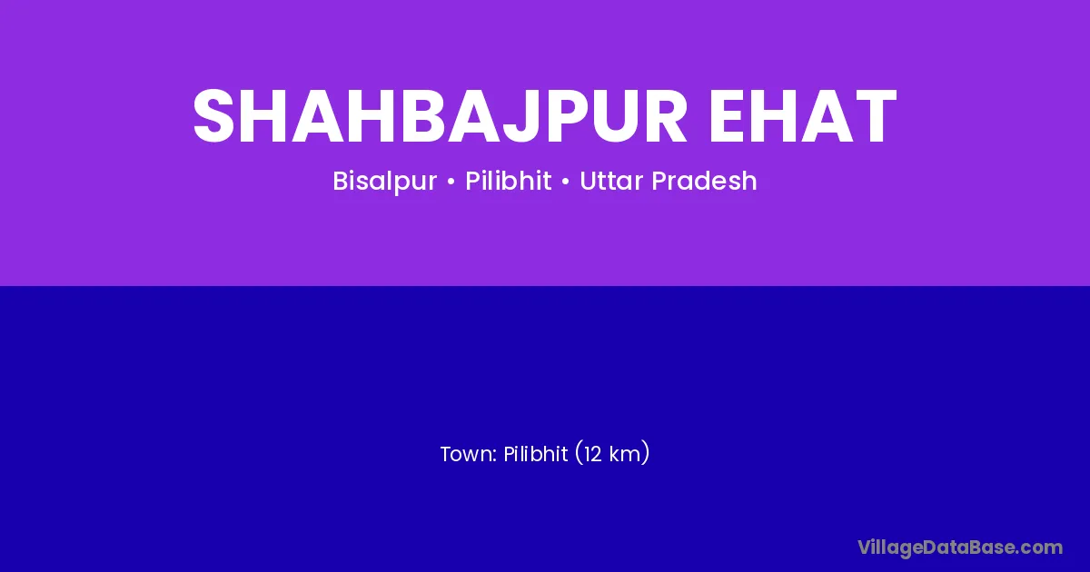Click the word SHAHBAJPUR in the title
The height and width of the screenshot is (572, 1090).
(x=440, y=117)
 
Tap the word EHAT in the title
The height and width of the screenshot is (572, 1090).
(x=803, y=116)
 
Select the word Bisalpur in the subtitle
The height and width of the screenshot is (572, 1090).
(x=384, y=182)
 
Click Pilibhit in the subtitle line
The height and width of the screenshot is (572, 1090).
(x=508, y=181)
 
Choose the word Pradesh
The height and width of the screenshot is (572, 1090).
(x=704, y=181)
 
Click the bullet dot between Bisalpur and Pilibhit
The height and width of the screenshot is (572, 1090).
(x=451, y=182)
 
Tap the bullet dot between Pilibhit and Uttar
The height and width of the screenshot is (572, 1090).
(x=565, y=182)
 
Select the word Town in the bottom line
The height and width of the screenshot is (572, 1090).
(x=466, y=454)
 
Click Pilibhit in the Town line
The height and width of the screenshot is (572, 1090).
(x=535, y=454)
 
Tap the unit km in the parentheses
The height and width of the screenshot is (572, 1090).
(x=624, y=454)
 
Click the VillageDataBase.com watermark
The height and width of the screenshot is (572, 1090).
(x=960, y=548)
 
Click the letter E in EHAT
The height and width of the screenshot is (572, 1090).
(x=728, y=116)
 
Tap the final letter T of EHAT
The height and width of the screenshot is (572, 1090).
(x=874, y=116)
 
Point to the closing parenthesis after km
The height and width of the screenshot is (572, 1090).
(x=645, y=453)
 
